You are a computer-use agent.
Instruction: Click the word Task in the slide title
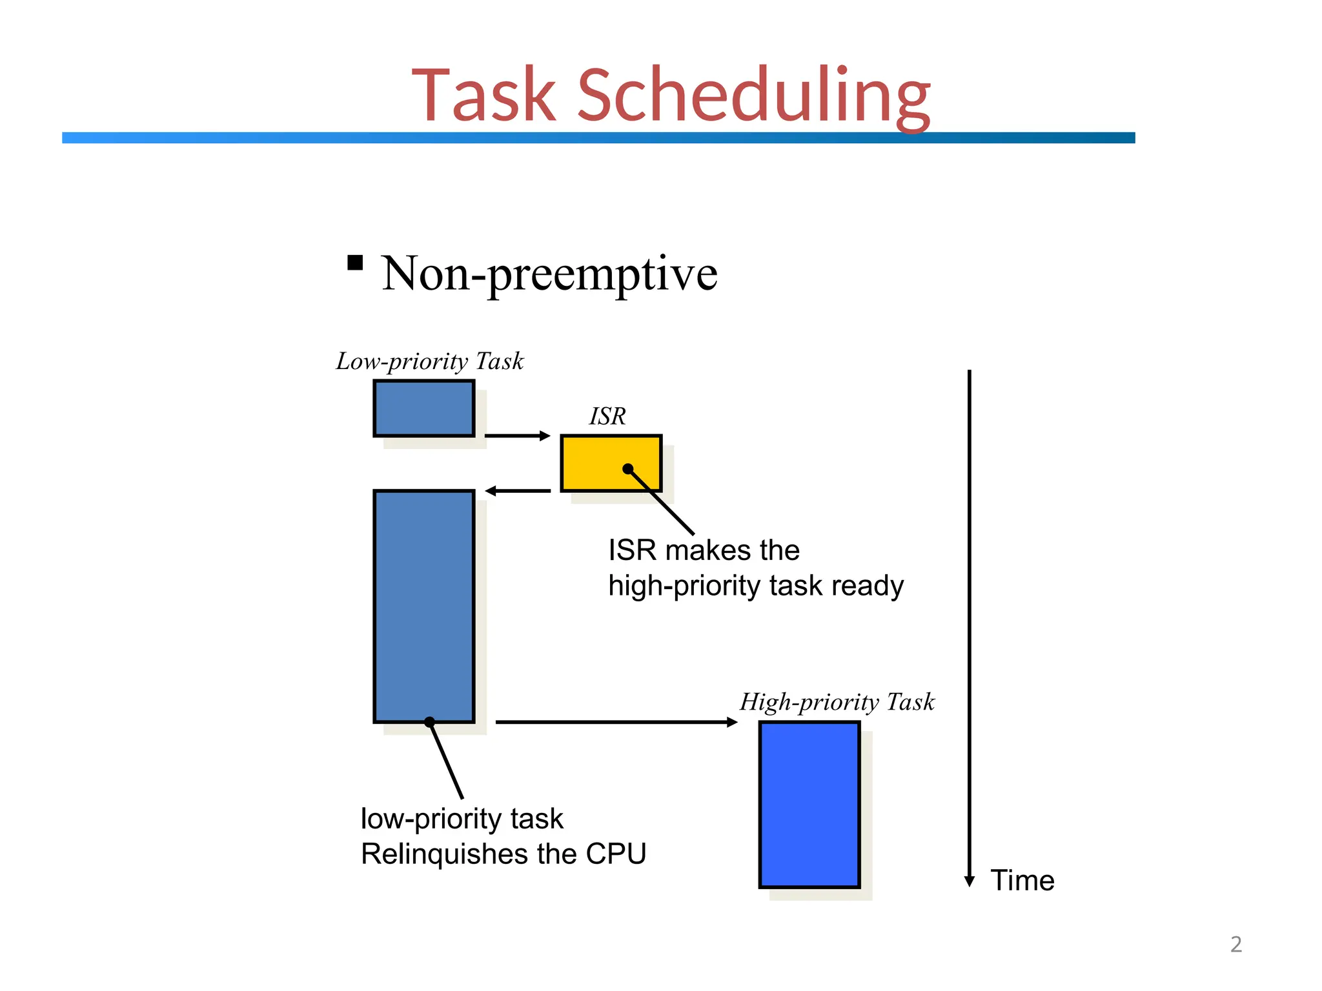(x=483, y=95)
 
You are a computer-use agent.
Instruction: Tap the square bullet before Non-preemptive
(x=355, y=263)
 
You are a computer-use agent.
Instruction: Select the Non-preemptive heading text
(x=549, y=274)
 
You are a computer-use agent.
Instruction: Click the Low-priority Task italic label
(x=430, y=361)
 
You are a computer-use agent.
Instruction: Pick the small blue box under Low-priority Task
(x=424, y=408)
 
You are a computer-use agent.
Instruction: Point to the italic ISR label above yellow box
(x=607, y=416)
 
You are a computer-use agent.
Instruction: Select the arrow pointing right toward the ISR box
(x=516, y=436)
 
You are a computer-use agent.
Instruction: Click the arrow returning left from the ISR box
(x=518, y=491)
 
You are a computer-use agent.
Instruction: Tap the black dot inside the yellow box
(x=628, y=469)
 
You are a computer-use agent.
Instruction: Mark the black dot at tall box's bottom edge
(x=429, y=722)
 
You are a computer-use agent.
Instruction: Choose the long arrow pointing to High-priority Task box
(x=616, y=722)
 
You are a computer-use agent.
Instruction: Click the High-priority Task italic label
(x=837, y=702)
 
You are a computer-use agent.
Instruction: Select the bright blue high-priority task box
(x=809, y=805)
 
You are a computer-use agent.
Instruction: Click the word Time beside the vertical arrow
(x=1022, y=881)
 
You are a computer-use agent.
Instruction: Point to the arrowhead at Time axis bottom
(x=969, y=881)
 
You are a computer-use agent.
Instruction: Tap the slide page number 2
(x=1236, y=945)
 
